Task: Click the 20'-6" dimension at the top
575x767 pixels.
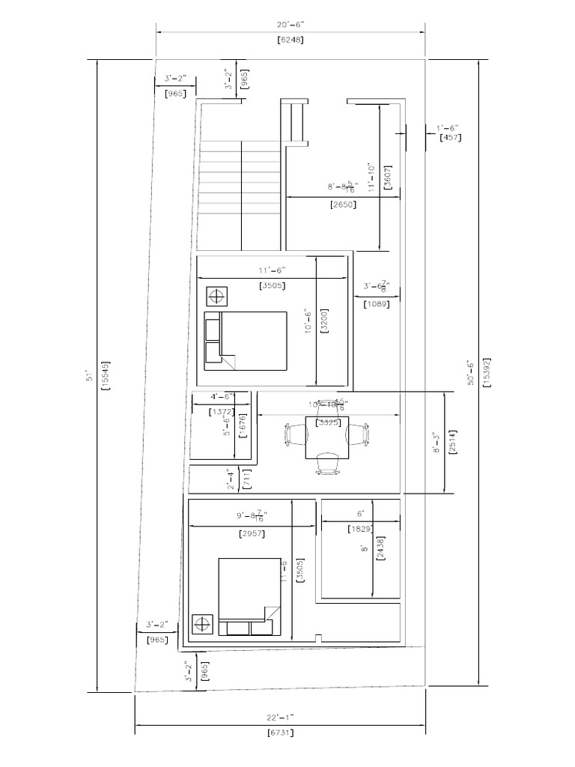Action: point(290,25)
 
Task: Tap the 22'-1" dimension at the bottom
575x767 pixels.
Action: point(280,717)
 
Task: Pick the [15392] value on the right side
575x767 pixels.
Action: point(487,372)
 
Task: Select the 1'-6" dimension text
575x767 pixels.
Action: point(449,128)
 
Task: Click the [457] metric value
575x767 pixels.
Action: point(450,137)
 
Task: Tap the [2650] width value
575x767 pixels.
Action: point(342,204)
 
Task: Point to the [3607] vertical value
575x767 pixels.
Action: point(387,178)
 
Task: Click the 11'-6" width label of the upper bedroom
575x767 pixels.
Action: point(273,270)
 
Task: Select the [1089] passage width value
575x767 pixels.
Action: point(375,304)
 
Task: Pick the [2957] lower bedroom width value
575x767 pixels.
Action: point(252,533)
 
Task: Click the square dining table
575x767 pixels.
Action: point(326,434)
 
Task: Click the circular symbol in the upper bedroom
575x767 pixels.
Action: point(218,296)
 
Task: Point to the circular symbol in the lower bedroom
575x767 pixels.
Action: point(202,624)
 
